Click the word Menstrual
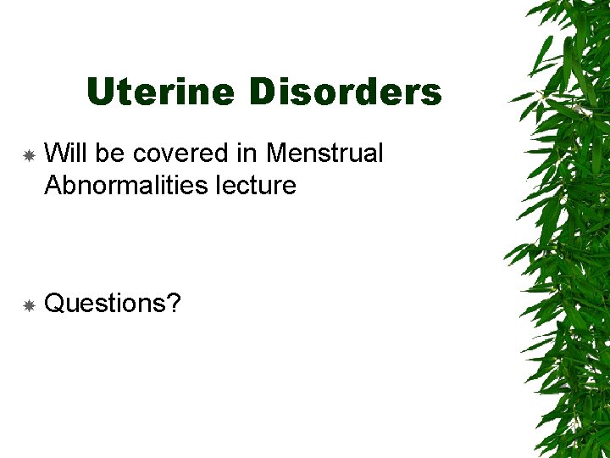pyautogui.click(x=324, y=154)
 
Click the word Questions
pyautogui.click(x=105, y=303)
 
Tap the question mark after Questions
pyautogui.click(x=174, y=303)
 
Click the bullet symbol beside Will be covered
pyautogui.click(x=28, y=155)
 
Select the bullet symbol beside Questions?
pyautogui.click(x=28, y=304)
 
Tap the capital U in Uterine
pyautogui.click(x=100, y=92)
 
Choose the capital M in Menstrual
pyautogui.click(x=276, y=154)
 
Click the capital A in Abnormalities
pyautogui.click(x=53, y=184)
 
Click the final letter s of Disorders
pyautogui.click(x=432, y=94)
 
